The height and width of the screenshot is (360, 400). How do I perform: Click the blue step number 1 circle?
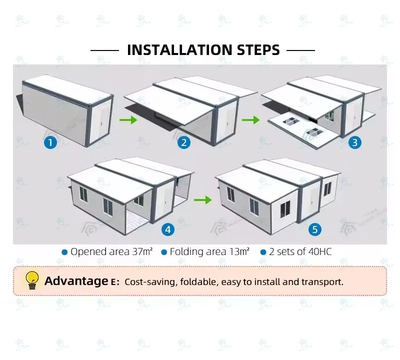[50, 142]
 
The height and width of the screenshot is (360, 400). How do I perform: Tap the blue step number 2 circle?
[184, 142]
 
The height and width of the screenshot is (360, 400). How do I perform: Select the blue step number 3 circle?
[355, 142]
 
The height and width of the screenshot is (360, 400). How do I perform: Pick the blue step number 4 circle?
[168, 229]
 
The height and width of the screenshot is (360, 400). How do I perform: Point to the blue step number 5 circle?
[315, 229]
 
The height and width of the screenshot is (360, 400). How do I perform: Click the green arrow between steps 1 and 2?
[128, 119]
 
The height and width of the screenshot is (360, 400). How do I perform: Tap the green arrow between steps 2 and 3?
[251, 119]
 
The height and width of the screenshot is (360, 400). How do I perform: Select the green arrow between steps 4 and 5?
[203, 200]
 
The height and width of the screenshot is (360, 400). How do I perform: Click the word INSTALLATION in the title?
[180, 50]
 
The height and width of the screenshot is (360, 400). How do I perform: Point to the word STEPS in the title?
[258, 50]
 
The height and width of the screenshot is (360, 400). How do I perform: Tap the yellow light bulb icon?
[32, 280]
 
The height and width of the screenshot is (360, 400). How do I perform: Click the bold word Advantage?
[76, 281]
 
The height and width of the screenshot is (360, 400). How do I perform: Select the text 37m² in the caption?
[142, 251]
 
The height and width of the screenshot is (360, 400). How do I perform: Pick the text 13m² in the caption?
[239, 251]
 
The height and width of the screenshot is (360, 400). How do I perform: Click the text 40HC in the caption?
[320, 251]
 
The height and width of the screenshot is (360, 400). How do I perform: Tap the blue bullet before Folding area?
[164, 252]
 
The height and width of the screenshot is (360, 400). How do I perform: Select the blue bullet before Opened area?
[64, 252]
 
